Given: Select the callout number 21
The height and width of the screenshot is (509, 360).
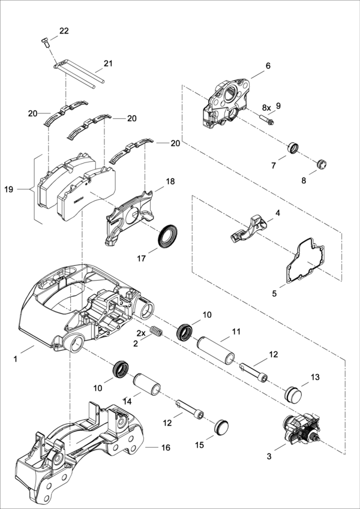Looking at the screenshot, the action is click(x=108, y=64).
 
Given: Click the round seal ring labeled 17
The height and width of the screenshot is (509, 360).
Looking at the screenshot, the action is click(x=167, y=236).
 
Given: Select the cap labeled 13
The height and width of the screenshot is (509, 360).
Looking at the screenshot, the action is click(x=293, y=394).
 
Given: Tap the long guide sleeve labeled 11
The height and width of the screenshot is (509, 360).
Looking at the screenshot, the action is click(x=216, y=350).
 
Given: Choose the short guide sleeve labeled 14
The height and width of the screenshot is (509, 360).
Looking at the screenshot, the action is click(x=147, y=384).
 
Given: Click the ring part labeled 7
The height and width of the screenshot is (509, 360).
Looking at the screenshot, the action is click(x=293, y=148).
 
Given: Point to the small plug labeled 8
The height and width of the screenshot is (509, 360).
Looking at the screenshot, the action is click(x=322, y=164).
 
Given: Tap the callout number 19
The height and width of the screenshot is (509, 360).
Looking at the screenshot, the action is click(x=9, y=189).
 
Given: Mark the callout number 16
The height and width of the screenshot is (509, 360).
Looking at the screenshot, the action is click(x=166, y=448).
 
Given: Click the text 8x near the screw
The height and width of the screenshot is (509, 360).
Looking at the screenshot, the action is click(x=267, y=108).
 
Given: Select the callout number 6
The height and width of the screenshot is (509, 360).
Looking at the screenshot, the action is click(x=268, y=65).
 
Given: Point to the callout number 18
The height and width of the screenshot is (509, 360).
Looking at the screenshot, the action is click(x=170, y=182).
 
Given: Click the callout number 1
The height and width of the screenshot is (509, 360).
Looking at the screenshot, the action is click(x=15, y=359).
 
